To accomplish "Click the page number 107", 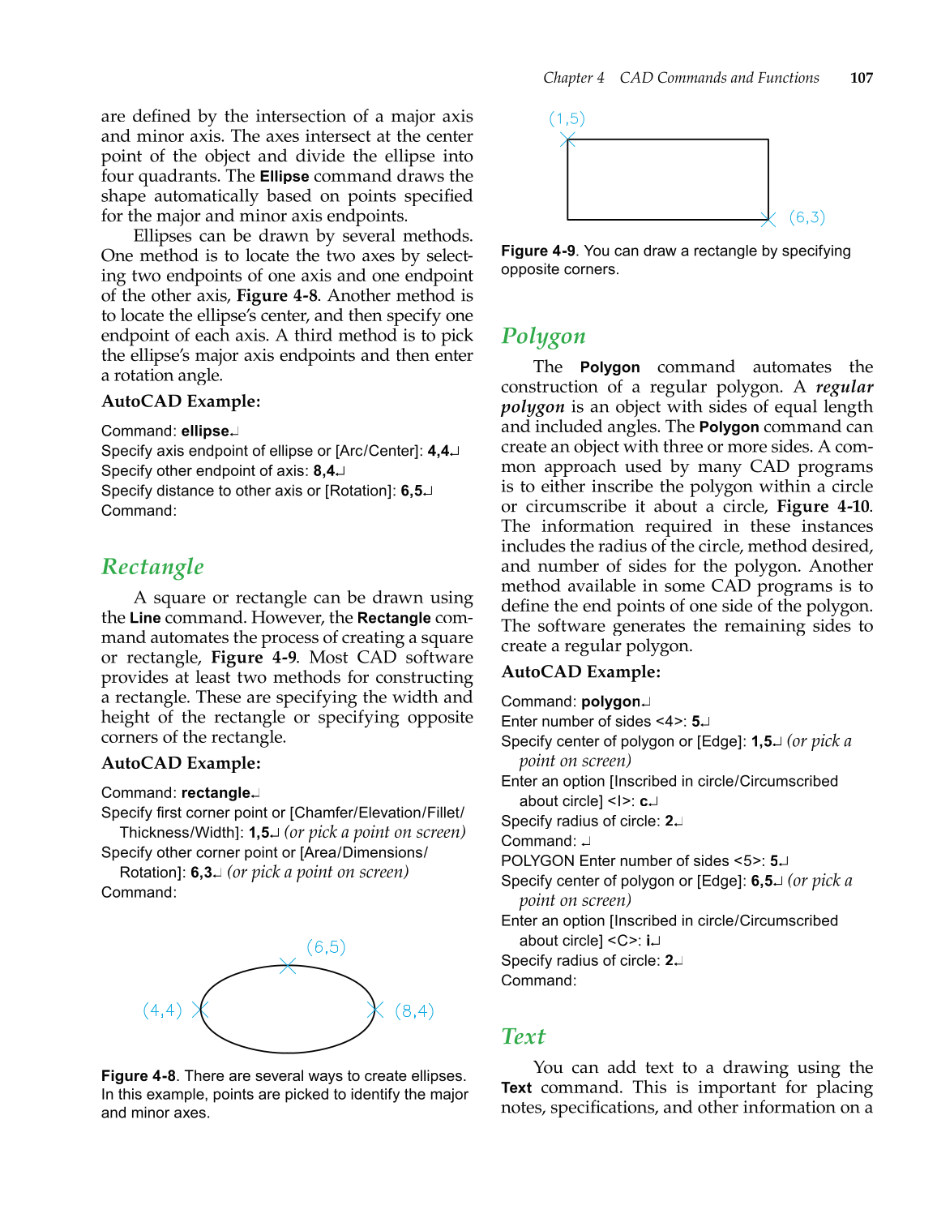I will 861,78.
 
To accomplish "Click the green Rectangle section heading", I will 152,567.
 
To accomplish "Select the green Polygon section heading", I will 543,337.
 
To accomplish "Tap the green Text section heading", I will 523,1036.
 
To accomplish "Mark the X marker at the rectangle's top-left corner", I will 567,140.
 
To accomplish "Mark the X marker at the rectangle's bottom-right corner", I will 768,219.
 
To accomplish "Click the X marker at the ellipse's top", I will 288,966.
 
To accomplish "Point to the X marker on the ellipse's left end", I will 200,1010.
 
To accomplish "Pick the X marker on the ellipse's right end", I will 374,1010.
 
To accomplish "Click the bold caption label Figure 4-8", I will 138,1076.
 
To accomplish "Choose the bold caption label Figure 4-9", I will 537,251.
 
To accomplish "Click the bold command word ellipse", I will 205,431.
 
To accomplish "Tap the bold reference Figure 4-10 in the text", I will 823,507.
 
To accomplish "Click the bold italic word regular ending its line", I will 844,388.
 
